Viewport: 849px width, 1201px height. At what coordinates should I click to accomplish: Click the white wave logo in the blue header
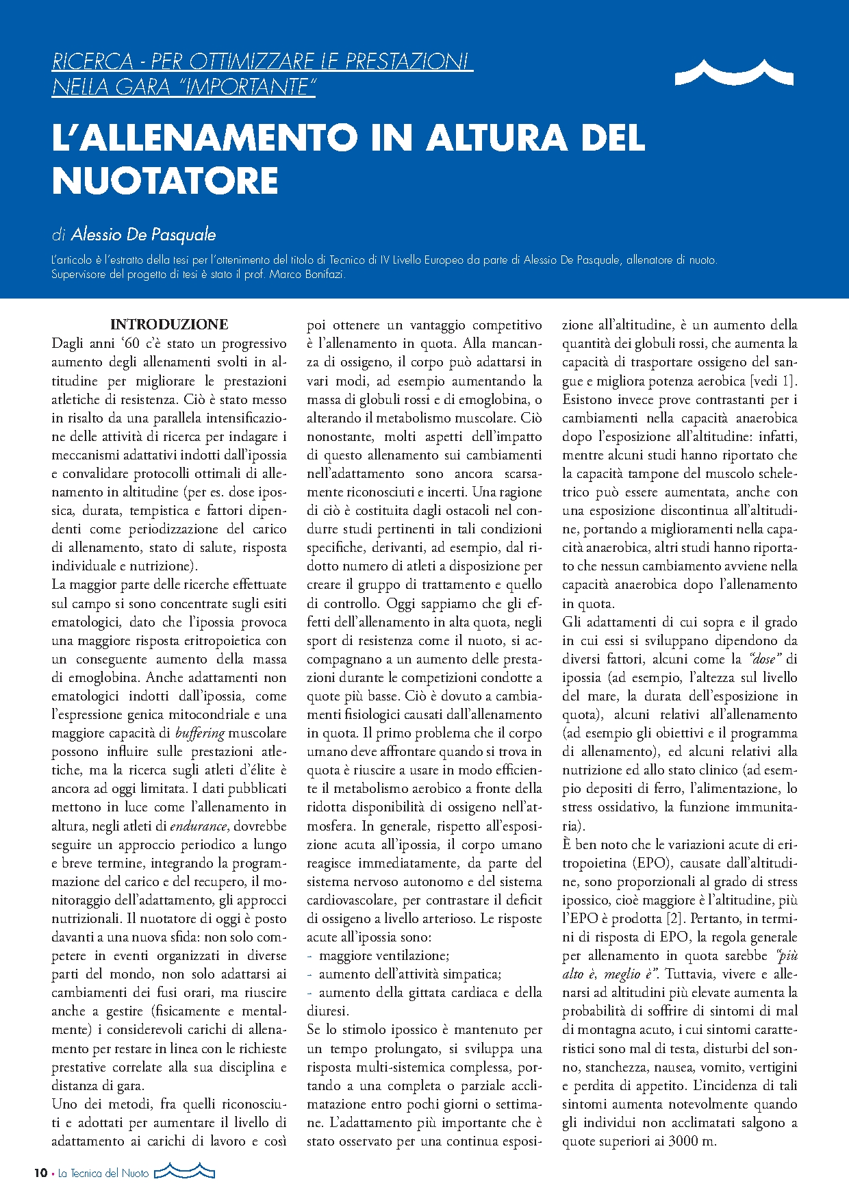coord(734,72)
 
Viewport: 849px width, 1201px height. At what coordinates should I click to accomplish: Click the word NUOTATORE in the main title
coord(165,180)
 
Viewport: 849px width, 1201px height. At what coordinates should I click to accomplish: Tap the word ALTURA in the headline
coord(497,137)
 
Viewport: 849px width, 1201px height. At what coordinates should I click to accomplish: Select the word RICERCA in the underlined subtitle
coord(92,62)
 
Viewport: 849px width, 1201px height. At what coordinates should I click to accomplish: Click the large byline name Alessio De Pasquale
coord(143,235)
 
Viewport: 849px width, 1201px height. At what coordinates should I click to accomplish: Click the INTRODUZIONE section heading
coord(169,325)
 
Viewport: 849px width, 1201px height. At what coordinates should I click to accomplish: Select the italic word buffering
coord(200,733)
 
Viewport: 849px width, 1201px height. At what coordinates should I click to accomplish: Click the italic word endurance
coord(199,826)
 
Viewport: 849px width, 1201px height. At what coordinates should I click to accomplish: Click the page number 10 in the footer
coord(40,1173)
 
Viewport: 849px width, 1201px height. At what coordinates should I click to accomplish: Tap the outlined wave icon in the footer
coord(184,1172)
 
